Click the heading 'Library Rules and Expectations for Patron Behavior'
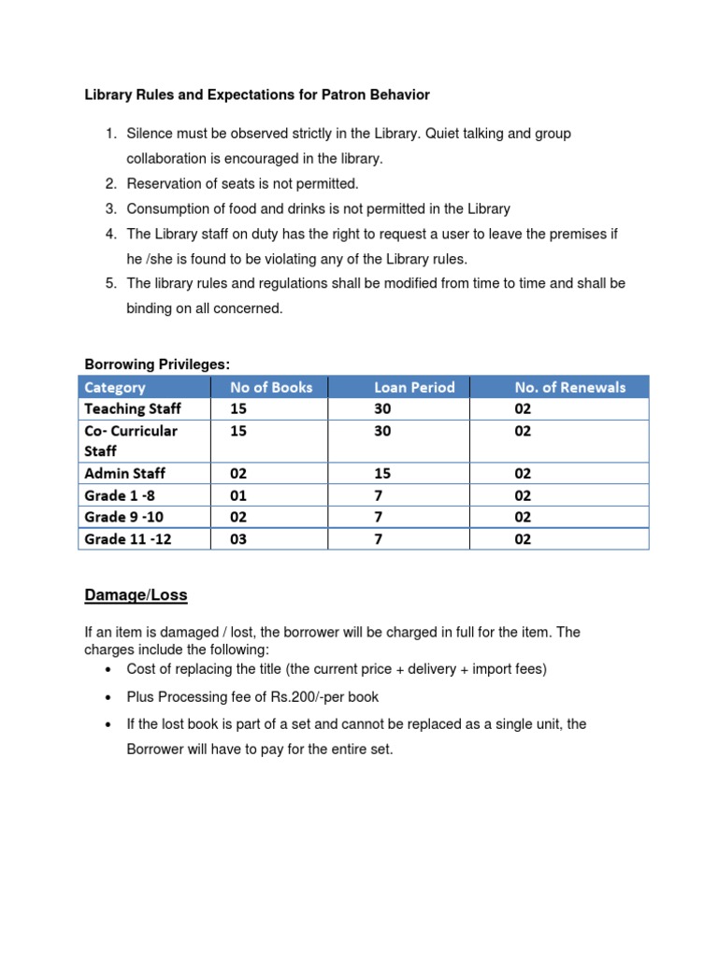[257, 94]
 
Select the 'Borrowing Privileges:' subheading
[157, 364]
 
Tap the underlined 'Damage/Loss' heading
[136, 594]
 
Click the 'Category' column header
[115, 387]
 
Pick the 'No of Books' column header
[271, 387]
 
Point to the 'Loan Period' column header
[414, 387]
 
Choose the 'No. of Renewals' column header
[569, 387]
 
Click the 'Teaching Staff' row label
[133, 408]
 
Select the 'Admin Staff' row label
[125, 474]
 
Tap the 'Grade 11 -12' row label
[129, 539]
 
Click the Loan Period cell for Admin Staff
[382, 474]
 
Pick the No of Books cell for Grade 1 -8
[238, 495]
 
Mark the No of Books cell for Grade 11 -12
[238, 539]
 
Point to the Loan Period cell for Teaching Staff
[382, 408]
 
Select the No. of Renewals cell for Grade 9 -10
[523, 517]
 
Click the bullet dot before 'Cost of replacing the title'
[109, 670]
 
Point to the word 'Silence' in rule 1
[150, 134]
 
